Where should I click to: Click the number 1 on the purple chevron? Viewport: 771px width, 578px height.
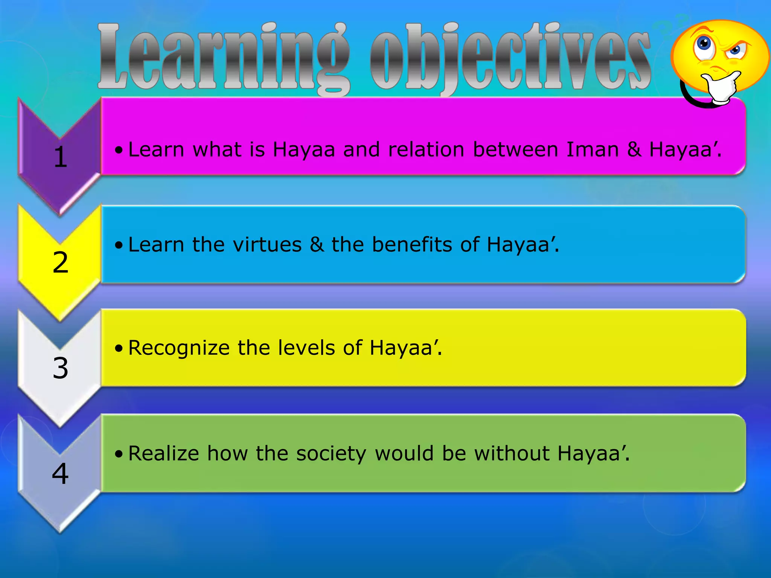60,157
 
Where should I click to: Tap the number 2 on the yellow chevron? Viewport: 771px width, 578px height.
61,262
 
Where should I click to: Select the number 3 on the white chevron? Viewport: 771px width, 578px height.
61,368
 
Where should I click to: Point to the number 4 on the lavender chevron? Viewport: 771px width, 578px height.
60,473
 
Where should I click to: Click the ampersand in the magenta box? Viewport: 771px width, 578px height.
635,149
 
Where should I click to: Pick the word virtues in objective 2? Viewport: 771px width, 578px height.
267,245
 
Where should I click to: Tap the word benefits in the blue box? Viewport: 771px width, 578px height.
412,245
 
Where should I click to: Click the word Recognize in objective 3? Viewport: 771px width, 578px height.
179,348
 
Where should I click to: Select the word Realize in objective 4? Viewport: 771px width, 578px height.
163,453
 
